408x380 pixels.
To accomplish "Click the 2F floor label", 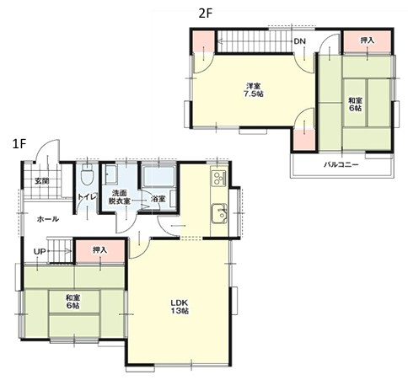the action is pos(205,13).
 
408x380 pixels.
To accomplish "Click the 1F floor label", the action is pos(19,145).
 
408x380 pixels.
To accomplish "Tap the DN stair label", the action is pos(299,41).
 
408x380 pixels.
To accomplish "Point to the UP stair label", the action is pos(40,251).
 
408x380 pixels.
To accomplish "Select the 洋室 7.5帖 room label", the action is pos(253,89).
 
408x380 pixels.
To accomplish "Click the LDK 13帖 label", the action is pos(180,307).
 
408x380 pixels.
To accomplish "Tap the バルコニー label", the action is pos(341,164).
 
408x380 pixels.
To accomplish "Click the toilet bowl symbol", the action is pos(87,174).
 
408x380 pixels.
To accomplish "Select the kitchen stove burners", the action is pos(219,178).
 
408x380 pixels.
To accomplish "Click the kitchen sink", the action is pos(220,213).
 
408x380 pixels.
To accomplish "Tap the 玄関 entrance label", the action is pos(42,181).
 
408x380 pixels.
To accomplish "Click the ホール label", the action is pos(48,219).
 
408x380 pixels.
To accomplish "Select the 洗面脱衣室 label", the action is pos(119,196).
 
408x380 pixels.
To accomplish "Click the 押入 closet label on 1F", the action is pos(100,249).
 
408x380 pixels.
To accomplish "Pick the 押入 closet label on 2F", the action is pos(368,40).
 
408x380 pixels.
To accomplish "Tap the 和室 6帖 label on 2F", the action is pos(355,104).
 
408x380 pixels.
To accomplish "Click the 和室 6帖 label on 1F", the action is pos(72,302).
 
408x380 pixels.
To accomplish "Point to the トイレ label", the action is pos(88,196).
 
